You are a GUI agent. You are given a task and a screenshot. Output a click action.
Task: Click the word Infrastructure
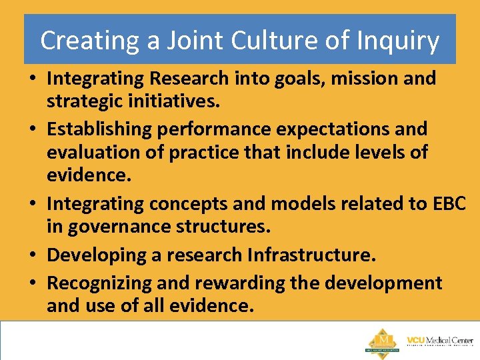[311, 254]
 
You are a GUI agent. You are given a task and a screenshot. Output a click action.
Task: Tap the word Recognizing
[99, 283]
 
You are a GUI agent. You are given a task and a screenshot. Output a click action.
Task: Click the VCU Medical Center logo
[439, 340]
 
